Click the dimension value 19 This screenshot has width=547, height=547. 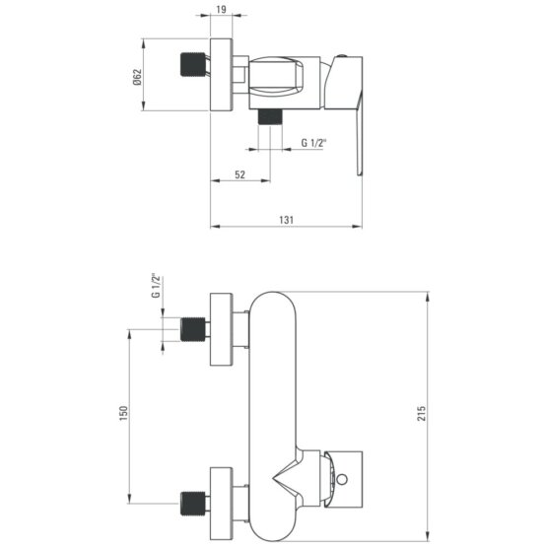221,10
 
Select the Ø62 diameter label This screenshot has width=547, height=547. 137,77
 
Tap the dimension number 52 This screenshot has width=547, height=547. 240,174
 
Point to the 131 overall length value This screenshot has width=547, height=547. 286,220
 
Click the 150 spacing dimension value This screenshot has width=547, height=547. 124,413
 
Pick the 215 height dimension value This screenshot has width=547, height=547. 422,413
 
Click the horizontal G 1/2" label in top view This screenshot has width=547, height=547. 313,143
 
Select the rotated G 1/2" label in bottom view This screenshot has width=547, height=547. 156,286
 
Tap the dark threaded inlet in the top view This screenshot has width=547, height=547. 193,64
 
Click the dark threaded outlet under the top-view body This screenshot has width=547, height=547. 270,116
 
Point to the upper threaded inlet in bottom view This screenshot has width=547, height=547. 193,329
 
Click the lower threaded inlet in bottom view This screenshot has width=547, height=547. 193,504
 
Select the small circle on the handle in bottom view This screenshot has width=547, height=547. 342,479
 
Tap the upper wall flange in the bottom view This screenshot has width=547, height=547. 221,329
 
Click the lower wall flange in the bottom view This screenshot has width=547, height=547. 221,504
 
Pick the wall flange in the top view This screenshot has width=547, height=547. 221,75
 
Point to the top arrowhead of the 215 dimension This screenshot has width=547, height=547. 428,296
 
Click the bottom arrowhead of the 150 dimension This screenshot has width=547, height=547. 129,499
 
